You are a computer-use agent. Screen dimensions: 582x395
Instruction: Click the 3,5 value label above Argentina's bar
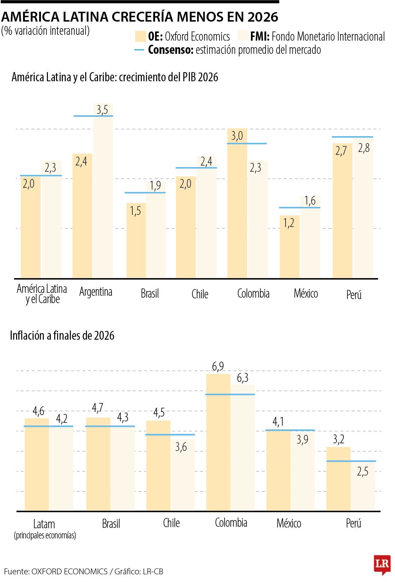[102, 110]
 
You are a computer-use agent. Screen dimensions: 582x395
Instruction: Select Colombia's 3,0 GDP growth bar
[237, 205]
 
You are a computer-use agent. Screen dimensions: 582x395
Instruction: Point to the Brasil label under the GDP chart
[150, 294]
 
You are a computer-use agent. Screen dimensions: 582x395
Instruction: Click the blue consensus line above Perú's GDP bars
[352, 137]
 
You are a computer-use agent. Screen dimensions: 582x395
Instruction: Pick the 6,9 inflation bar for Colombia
[218, 443]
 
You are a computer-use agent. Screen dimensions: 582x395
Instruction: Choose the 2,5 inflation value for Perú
[362, 471]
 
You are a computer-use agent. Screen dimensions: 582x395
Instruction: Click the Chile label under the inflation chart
[171, 523]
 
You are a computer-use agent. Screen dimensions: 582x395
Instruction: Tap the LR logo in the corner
[382, 564]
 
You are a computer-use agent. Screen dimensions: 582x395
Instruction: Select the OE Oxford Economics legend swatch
[140, 37]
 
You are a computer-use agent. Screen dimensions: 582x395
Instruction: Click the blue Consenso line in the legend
[139, 50]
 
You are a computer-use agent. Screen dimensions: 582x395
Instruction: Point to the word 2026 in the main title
[262, 17]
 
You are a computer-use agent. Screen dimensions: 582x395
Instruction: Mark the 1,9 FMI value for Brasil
[155, 186]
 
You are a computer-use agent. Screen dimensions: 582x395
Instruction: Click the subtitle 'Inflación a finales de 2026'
[62, 335]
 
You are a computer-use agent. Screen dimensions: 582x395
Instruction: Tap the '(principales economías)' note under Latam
[45, 536]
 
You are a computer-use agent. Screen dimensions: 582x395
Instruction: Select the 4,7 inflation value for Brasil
[98, 408]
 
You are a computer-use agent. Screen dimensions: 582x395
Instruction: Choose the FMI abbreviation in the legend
[260, 37]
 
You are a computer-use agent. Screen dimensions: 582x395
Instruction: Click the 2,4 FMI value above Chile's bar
[206, 161]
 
